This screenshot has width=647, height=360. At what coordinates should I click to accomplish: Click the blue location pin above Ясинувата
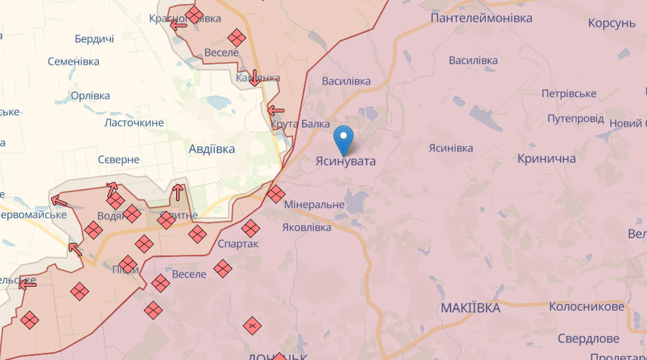[x=343, y=139]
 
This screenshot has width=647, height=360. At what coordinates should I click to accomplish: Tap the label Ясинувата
[x=346, y=161]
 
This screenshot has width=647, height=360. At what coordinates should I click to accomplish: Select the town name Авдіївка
[x=212, y=149]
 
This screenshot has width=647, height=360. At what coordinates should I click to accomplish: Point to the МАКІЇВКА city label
[x=470, y=308]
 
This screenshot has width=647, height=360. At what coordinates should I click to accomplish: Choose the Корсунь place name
[x=612, y=24]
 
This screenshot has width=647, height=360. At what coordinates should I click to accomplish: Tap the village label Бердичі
[x=94, y=39]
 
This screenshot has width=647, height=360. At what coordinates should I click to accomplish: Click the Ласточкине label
[x=134, y=123]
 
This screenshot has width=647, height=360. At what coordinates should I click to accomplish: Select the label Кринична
[x=547, y=159]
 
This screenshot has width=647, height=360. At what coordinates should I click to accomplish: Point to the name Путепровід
[x=576, y=119]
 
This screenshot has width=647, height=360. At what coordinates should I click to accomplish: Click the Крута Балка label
[x=301, y=124]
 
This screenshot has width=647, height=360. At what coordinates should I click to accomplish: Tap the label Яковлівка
[x=306, y=228]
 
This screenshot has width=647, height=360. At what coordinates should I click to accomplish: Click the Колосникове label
[x=587, y=307]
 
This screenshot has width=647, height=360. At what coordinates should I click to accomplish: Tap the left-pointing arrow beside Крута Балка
[x=276, y=111]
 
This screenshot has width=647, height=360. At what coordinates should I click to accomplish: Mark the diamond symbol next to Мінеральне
[x=276, y=194]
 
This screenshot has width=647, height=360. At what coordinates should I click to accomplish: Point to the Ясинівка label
[x=451, y=149]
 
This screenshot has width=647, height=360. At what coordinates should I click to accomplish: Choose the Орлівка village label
[x=90, y=96]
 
